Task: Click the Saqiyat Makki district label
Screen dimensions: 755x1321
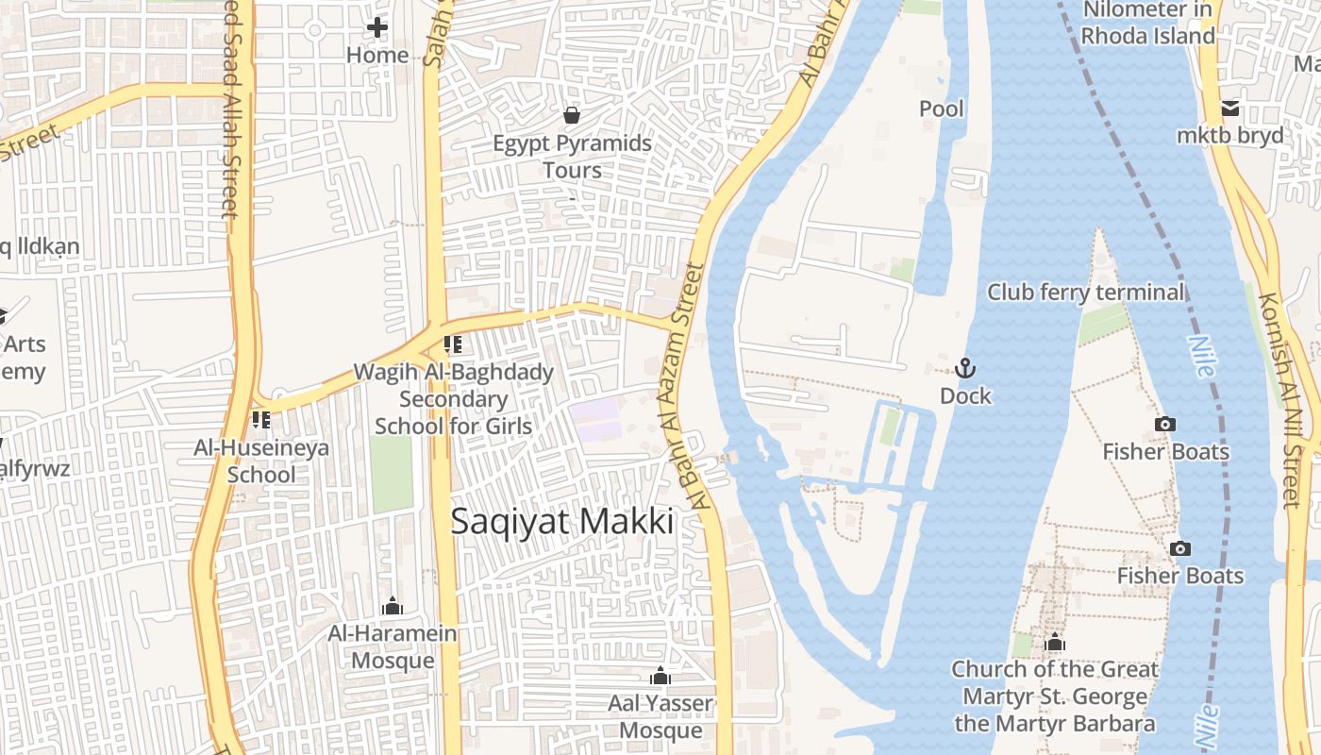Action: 562,521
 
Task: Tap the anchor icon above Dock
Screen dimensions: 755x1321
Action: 964,368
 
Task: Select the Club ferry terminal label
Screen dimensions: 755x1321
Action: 1085,292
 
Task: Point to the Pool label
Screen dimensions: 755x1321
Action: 942,109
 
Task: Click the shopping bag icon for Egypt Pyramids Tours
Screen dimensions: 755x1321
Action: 572,115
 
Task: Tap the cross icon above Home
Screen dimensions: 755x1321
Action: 377,27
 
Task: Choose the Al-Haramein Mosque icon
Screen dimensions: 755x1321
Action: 392,606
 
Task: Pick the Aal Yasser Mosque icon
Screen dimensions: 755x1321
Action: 660,676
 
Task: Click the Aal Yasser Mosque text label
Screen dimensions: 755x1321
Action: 660,717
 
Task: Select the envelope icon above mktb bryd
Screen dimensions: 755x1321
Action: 1230,108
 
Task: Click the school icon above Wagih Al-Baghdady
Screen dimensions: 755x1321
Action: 453,344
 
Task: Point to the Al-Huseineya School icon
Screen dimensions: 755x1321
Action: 260,419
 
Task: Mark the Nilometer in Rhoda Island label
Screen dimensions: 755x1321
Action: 1148,23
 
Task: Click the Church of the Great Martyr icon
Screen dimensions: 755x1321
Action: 1055,644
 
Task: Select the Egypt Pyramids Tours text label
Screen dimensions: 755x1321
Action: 573,157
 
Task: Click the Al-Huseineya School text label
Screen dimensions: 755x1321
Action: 261,461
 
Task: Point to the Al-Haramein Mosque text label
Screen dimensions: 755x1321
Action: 393,646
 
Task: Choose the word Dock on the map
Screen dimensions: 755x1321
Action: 965,395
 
